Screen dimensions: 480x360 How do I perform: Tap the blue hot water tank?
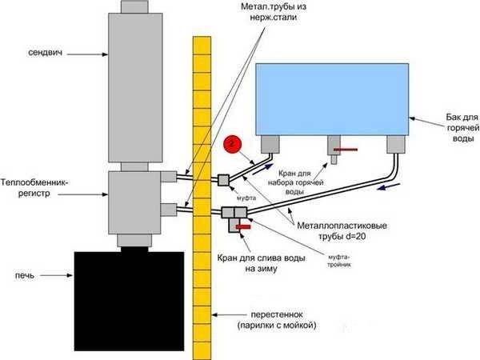tap(332, 99)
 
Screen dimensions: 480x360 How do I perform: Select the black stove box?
tap(129, 302)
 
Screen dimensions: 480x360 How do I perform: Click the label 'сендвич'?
tap(46, 53)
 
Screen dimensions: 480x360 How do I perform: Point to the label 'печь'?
tap(25, 276)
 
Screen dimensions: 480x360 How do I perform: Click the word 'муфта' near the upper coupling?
tap(246, 198)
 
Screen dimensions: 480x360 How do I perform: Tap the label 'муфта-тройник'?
tap(339, 260)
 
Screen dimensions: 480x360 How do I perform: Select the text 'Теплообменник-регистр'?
tap(34, 188)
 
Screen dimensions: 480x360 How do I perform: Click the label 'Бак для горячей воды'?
tap(462, 127)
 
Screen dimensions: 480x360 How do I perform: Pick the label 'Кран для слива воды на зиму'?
tap(261, 263)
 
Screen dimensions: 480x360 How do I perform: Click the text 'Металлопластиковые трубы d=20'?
tap(342, 231)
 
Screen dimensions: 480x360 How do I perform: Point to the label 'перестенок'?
tap(277, 314)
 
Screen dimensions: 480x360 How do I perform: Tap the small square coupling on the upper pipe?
tap(223, 180)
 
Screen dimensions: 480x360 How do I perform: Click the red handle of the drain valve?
tap(243, 227)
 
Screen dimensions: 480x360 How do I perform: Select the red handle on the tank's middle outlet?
tap(346, 150)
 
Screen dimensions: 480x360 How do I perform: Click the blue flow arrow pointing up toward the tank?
tap(262, 169)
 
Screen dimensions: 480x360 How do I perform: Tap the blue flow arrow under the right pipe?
tap(389, 186)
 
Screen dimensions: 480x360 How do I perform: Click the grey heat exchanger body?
tap(134, 202)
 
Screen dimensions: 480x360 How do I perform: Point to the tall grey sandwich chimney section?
tap(135, 87)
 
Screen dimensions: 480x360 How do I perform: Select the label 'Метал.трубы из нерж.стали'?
tap(274, 12)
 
